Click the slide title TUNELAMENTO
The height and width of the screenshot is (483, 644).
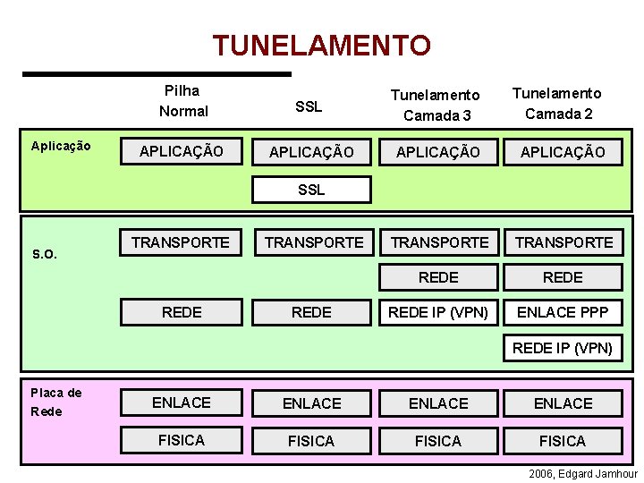pyautogui.click(x=321, y=44)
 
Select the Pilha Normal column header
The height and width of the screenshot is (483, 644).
pyautogui.click(x=182, y=101)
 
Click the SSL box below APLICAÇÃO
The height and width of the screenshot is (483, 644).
pyautogui.click(x=311, y=190)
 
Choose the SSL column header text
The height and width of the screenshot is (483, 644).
pyautogui.click(x=309, y=106)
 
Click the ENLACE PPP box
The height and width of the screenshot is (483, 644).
pyautogui.click(x=563, y=312)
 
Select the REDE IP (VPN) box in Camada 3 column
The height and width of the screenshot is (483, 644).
pyautogui.click(x=438, y=312)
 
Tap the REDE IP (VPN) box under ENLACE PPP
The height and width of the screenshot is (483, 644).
pyautogui.click(x=563, y=348)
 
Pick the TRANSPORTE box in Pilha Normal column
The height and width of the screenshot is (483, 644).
pyautogui.click(x=181, y=241)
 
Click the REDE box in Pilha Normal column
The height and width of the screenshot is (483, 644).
pyautogui.click(x=182, y=312)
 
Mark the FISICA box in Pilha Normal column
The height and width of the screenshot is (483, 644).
pyautogui.click(x=182, y=440)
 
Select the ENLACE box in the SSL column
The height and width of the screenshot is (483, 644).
pyautogui.click(x=311, y=403)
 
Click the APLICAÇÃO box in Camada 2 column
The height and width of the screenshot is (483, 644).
pyautogui.click(x=563, y=152)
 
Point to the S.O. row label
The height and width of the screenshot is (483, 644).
pyautogui.click(x=45, y=254)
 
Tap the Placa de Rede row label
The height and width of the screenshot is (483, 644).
pyautogui.click(x=55, y=402)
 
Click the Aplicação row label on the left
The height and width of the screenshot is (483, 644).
pyautogui.click(x=61, y=146)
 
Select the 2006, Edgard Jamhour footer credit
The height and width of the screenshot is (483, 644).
pyautogui.click(x=581, y=473)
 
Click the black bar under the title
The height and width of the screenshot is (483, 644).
pyautogui.click(x=157, y=73)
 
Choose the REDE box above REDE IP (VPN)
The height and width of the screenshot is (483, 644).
pyautogui.click(x=438, y=277)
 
